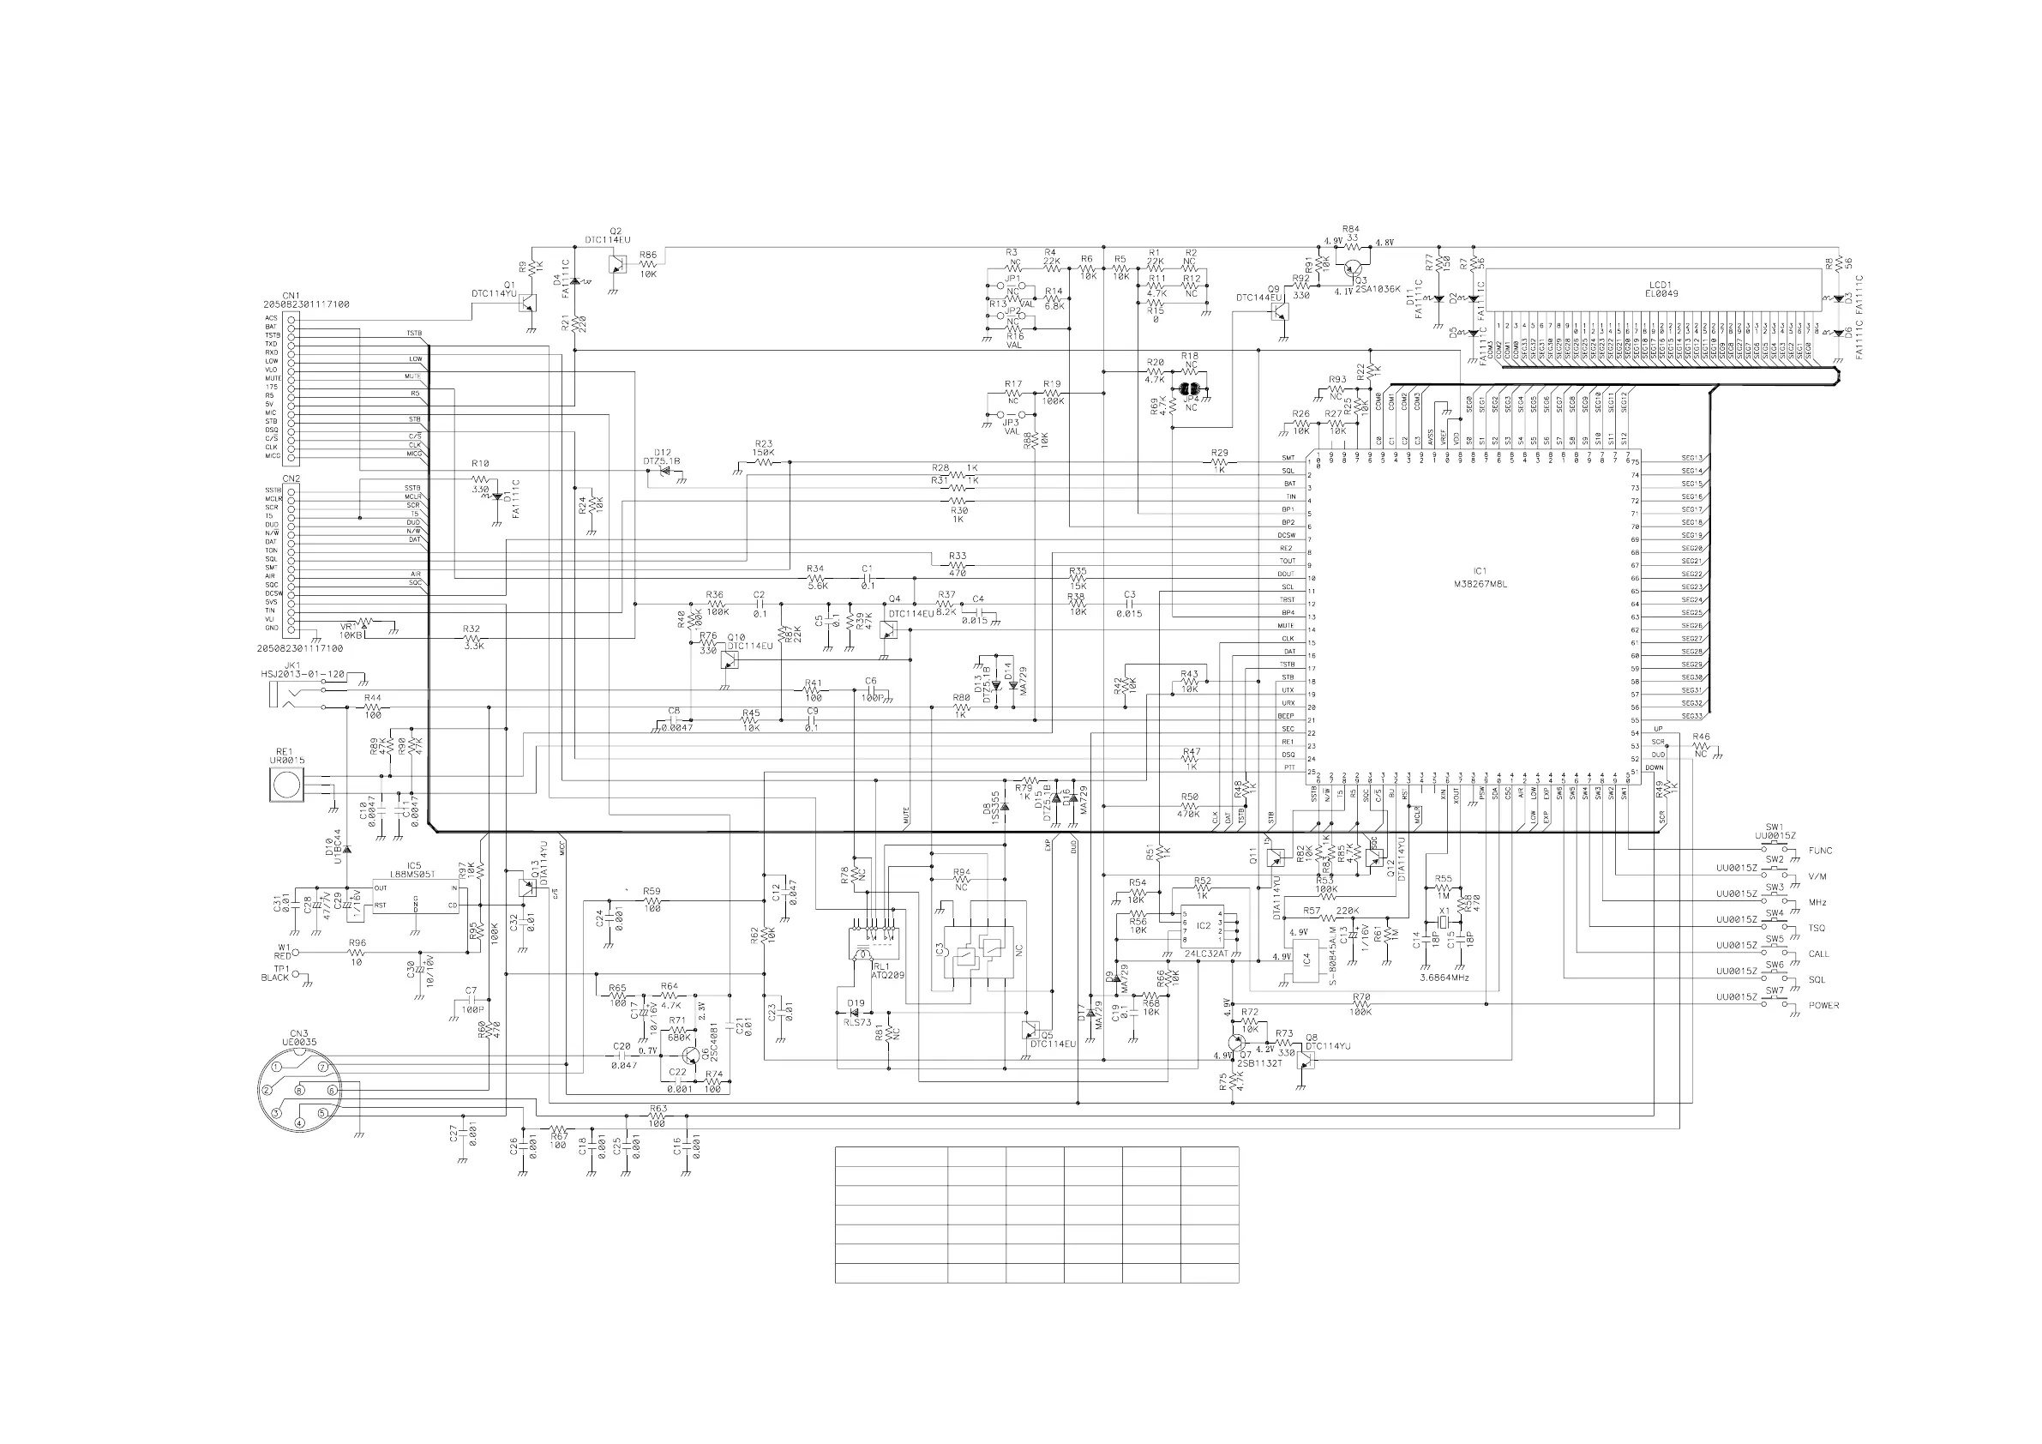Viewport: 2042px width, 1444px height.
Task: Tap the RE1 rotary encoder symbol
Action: pyautogui.click(x=286, y=785)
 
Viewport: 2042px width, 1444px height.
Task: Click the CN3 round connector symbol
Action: pyautogui.click(x=300, y=1094)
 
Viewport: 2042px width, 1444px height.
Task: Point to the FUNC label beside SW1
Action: pyautogui.click(x=1820, y=851)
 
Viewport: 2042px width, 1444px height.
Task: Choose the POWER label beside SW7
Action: pyautogui.click(x=1824, y=1005)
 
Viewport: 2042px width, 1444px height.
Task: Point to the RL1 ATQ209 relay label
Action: pyautogui.click(x=886, y=971)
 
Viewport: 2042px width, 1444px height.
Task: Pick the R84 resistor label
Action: pyautogui.click(x=1351, y=229)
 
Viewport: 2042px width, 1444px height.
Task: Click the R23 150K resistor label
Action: pyautogui.click(x=763, y=448)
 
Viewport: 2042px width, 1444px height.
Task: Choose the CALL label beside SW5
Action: pyautogui.click(x=1819, y=954)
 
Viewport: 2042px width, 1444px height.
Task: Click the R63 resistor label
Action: pyautogui.click(x=658, y=1109)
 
